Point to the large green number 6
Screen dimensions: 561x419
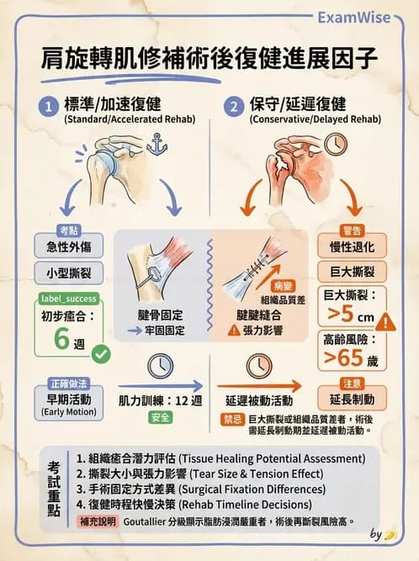[61, 340]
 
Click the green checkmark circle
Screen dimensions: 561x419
[101, 355]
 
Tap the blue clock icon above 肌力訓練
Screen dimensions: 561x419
[159, 367]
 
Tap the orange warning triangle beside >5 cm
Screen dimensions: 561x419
[385, 321]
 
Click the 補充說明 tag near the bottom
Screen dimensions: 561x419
[93, 521]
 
